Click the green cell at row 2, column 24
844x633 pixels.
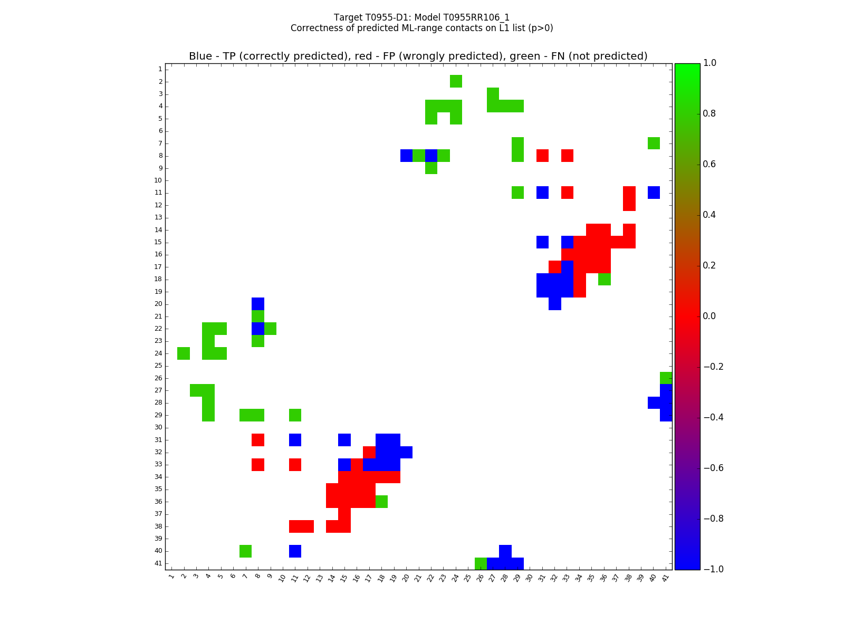(456, 81)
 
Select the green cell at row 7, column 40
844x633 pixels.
(654, 143)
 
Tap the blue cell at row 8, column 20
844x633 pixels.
(406, 156)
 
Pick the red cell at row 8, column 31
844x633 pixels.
(542, 156)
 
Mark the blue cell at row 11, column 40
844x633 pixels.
(654, 193)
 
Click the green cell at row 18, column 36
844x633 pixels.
(604, 279)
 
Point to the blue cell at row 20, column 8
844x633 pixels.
(258, 304)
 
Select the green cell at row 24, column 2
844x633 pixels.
(184, 353)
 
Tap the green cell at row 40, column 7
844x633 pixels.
(245, 551)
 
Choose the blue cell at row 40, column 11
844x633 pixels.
(295, 551)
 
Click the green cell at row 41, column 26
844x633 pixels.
(481, 563)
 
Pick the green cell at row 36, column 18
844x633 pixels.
(381, 502)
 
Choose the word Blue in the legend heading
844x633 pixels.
(200, 56)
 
